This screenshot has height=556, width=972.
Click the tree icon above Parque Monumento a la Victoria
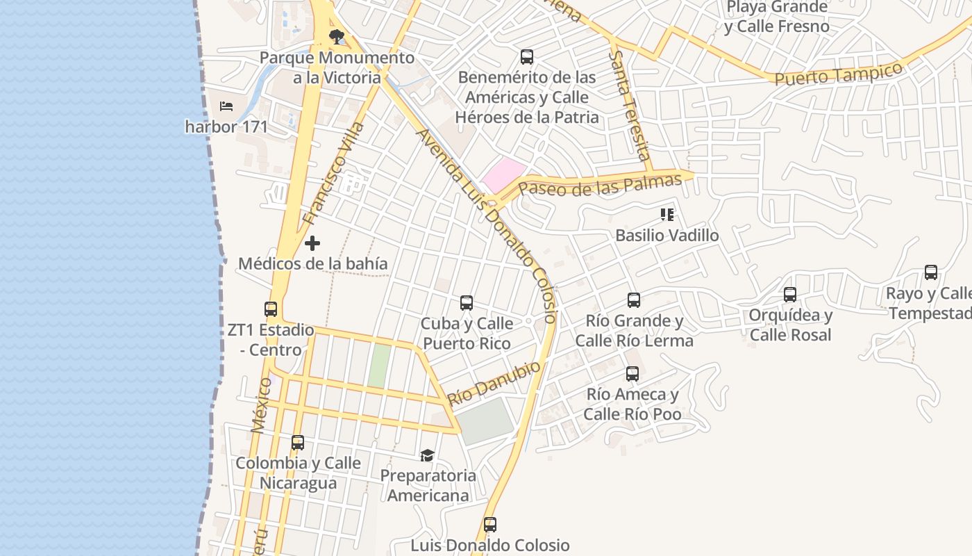click(336, 35)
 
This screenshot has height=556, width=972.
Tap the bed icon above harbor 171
click(226, 106)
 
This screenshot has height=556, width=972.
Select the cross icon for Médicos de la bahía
click(312, 243)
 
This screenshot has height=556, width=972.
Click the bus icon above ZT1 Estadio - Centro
click(271, 309)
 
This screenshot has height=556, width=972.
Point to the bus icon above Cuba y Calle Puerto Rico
click(467, 303)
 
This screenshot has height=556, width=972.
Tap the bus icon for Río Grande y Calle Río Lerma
click(634, 300)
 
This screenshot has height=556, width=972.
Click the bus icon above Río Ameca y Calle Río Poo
click(632, 374)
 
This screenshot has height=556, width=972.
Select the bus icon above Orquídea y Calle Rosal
click(790, 295)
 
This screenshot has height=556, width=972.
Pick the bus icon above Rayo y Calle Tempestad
click(931, 272)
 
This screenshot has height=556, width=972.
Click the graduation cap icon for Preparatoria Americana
click(427, 455)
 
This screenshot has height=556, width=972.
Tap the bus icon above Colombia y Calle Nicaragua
click(298, 442)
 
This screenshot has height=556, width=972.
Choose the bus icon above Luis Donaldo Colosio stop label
click(490, 525)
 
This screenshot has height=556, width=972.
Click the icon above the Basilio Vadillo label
click(667, 215)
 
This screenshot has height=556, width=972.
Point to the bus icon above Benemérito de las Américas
click(527, 57)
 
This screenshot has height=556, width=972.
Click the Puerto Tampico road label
click(839, 74)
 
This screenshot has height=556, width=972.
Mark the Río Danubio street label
click(494, 384)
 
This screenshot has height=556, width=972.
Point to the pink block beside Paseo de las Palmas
click(504, 174)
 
